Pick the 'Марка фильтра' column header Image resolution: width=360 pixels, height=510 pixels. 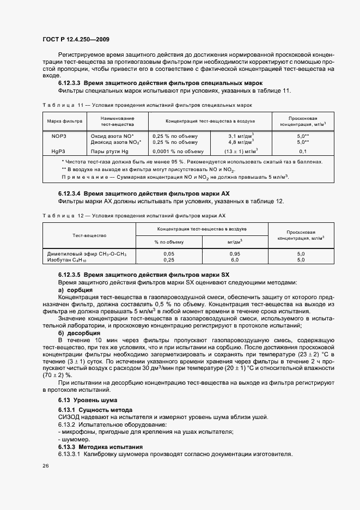click(64, 121)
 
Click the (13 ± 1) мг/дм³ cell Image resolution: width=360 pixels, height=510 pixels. click(242, 151)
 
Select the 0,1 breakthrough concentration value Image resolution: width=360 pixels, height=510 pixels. click(303, 151)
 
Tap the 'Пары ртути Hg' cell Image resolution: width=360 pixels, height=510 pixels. click(109, 151)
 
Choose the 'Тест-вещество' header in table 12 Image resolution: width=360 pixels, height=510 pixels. click(89, 235)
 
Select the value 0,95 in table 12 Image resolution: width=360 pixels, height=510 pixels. click(235, 254)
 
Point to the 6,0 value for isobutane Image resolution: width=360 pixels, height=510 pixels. click(235, 260)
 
